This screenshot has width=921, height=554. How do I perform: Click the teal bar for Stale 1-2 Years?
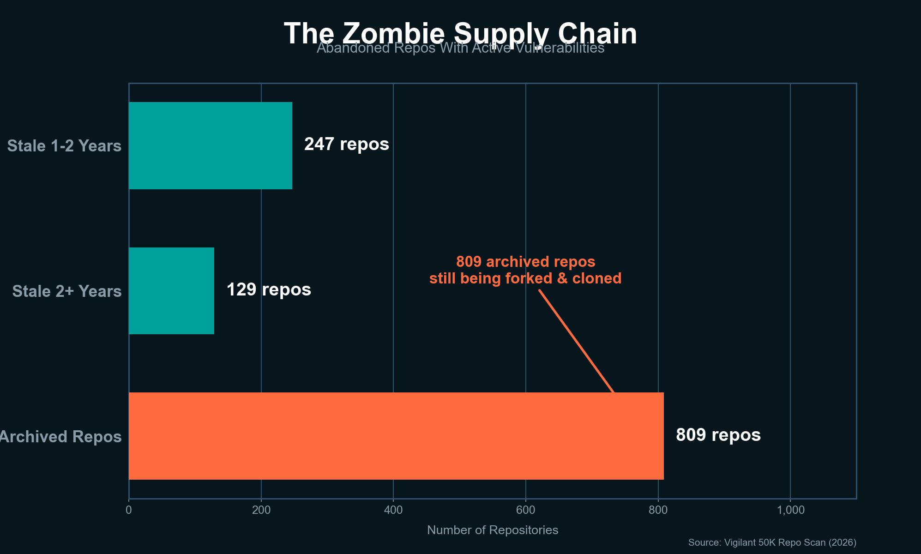[x=210, y=145]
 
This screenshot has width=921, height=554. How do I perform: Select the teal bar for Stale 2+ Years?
[x=171, y=291]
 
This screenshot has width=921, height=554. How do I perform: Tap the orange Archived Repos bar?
[x=396, y=436]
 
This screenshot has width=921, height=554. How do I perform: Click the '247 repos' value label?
[x=346, y=145]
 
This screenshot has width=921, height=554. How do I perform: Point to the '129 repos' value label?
[x=269, y=290]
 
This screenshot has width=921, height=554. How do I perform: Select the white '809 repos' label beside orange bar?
[x=718, y=435]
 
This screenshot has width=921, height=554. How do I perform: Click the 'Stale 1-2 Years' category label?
[x=64, y=146]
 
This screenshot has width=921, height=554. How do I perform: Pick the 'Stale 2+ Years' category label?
[x=67, y=291]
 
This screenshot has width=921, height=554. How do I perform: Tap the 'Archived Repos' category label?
[x=60, y=437]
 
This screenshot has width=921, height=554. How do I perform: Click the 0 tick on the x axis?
[x=128, y=510]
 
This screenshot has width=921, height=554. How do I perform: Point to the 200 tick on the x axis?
[x=261, y=510]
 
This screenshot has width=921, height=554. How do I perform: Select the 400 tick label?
[x=393, y=510]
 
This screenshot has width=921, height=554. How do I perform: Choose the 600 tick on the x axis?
[x=525, y=510]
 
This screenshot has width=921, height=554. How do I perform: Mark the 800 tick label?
[x=658, y=510]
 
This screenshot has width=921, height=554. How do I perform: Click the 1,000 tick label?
[x=790, y=510]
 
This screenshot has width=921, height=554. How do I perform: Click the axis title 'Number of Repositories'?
[x=493, y=530]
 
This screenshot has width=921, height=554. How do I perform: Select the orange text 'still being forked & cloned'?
[x=525, y=278]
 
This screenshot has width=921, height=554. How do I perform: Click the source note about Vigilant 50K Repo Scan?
[x=772, y=542]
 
